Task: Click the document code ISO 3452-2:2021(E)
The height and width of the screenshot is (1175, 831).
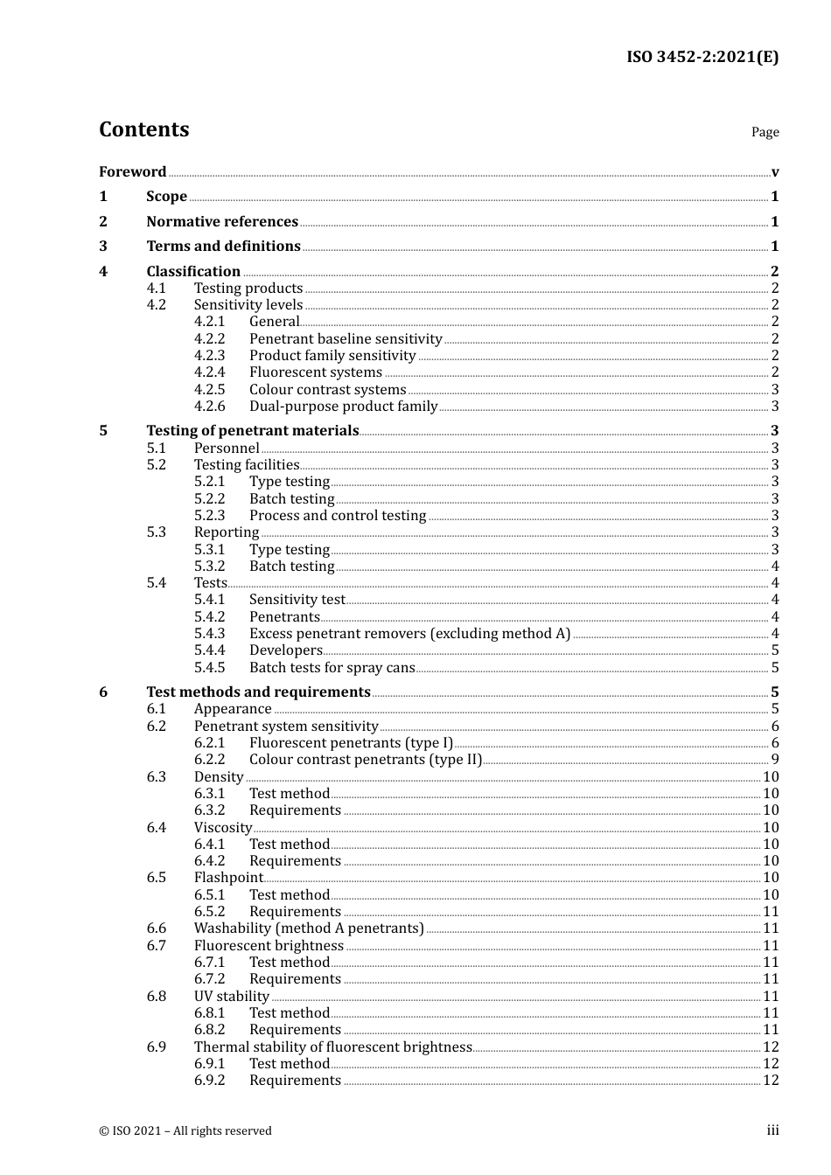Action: (x=702, y=58)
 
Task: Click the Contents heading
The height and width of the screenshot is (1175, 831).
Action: (x=143, y=129)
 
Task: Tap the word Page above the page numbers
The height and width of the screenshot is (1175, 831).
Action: (x=765, y=132)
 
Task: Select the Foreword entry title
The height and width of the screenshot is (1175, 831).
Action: (x=132, y=172)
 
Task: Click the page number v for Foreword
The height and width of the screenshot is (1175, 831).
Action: (x=775, y=172)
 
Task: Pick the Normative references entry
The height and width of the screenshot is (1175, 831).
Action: (x=222, y=222)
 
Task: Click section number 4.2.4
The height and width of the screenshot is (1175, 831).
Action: (x=209, y=372)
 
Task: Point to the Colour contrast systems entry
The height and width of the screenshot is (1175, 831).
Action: (x=327, y=390)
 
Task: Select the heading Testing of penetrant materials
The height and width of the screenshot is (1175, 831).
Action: (x=252, y=431)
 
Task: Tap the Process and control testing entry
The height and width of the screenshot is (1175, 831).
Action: (x=338, y=516)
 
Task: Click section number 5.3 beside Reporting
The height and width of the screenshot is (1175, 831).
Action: (x=156, y=532)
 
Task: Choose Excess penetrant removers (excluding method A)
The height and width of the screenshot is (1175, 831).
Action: (x=409, y=634)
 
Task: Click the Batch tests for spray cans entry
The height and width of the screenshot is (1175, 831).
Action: (x=332, y=668)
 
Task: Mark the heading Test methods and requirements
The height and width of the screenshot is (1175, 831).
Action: (x=258, y=692)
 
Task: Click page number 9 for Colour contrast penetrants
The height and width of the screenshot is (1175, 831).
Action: (x=775, y=760)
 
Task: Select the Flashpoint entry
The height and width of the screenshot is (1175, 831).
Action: (x=228, y=878)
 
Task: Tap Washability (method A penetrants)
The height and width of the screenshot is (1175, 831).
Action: (x=309, y=928)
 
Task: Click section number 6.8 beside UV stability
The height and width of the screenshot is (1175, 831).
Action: (x=156, y=997)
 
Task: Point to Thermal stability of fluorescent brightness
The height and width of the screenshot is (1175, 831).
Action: (x=332, y=1047)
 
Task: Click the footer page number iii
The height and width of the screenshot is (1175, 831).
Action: (x=772, y=1130)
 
